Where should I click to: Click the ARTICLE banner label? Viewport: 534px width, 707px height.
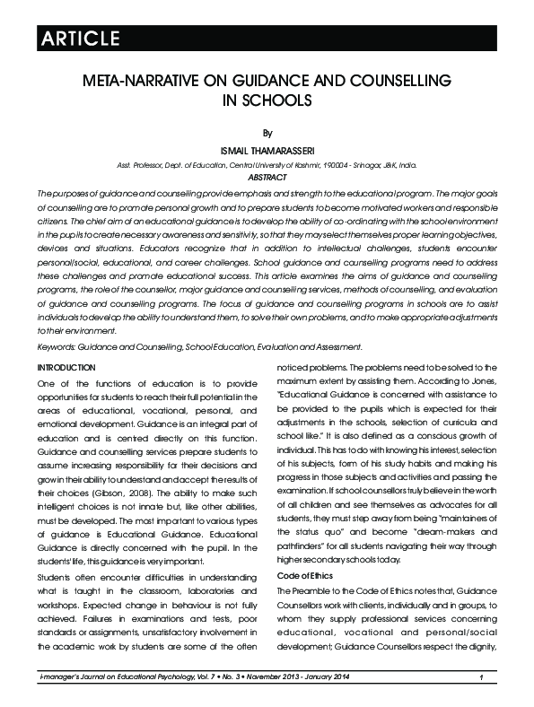[78, 38]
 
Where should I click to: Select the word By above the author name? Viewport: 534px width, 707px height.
[267, 131]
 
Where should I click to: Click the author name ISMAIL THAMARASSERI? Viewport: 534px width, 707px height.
[267, 149]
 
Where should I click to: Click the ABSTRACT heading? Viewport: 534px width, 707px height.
[267, 178]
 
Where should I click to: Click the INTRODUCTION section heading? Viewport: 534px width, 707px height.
[66, 368]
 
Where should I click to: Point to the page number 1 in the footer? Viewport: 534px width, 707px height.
[482, 676]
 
